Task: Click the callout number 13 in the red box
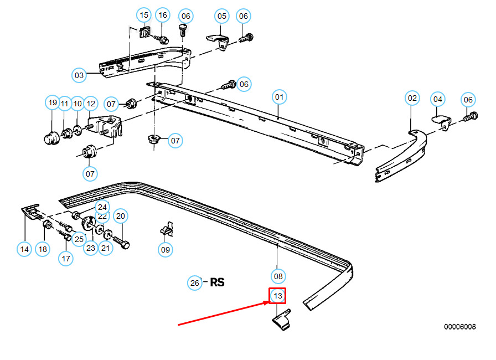pyautogui.click(x=278, y=296)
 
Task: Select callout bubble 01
pyautogui.click(x=279, y=97)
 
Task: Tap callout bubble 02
pyautogui.click(x=412, y=99)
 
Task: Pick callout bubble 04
pyautogui.click(x=222, y=16)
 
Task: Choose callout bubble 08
pyautogui.click(x=278, y=276)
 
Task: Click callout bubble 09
pyautogui.click(x=166, y=250)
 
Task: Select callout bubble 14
pyautogui.click(x=24, y=249)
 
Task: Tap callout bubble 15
pyautogui.click(x=144, y=15)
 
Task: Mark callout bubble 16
pyautogui.click(x=162, y=15)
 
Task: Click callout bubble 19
pyautogui.click(x=52, y=102)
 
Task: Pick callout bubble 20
pyautogui.click(x=121, y=216)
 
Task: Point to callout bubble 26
pyautogui.click(x=194, y=283)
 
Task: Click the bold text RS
pyautogui.click(x=217, y=282)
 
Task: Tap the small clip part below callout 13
pyautogui.click(x=283, y=321)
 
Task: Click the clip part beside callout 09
pyautogui.click(x=167, y=229)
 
